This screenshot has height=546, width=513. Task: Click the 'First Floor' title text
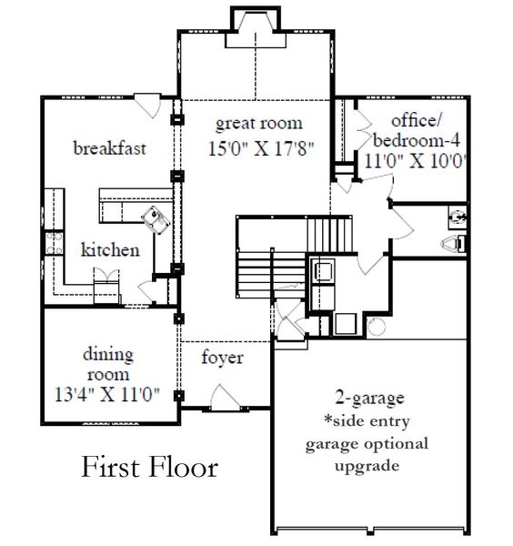coord(150,467)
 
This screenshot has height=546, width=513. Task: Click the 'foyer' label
coord(222,358)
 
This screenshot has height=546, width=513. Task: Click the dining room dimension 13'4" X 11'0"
coord(106,394)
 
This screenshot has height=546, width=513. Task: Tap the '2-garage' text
coord(368,397)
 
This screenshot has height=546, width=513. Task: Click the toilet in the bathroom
coord(452,242)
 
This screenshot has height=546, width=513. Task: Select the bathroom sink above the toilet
coord(457,217)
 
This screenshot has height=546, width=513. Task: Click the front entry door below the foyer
coord(224,397)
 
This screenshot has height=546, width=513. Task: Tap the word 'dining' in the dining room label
coord(109,354)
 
